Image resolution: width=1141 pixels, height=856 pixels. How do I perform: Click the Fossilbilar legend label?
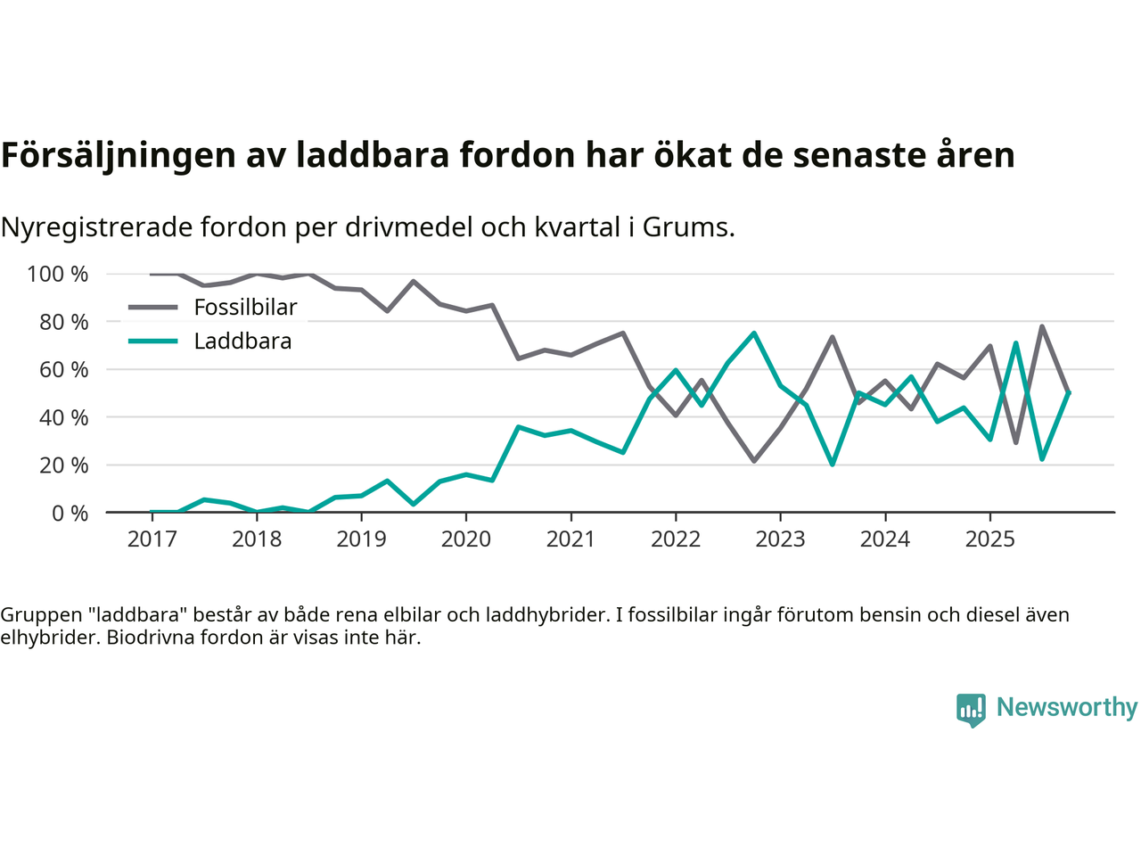[245, 308]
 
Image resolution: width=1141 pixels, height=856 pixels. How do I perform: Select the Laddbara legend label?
[242, 342]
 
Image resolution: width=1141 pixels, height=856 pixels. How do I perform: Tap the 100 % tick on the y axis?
[58, 274]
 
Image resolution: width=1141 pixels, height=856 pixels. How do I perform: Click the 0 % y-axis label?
[70, 513]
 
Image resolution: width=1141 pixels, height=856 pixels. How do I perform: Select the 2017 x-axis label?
[152, 539]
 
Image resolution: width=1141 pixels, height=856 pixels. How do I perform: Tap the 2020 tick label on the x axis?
[466, 539]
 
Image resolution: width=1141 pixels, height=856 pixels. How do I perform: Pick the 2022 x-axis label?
[676, 539]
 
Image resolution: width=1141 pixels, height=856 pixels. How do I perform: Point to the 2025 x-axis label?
[990, 539]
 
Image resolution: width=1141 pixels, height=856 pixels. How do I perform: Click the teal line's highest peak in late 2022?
[754, 333]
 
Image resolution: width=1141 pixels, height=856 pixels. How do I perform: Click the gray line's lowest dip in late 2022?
[754, 461]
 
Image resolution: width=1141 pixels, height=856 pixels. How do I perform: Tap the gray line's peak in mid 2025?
[1042, 326]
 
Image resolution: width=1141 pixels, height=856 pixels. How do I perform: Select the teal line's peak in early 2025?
[1015, 342]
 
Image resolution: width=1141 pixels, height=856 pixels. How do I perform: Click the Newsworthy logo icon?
[971, 710]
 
